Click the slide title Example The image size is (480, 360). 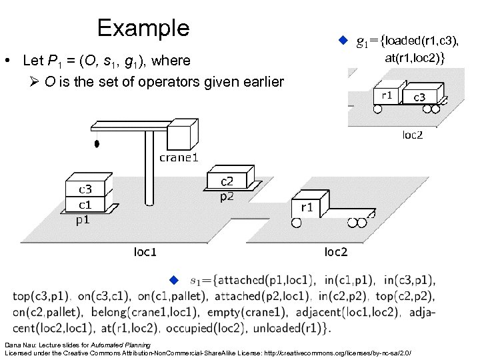tap(143, 28)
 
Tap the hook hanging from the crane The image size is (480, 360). tap(97, 143)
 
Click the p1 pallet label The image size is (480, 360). tap(85, 219)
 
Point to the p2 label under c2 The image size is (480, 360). tap(227, 196)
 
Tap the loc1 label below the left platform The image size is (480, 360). tap(145, 251)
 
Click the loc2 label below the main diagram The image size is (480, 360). tap(335, 251)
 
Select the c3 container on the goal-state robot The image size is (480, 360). tap(420, 98)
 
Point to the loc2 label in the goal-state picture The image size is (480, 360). tap(412, 135)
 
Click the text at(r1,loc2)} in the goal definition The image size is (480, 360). tap(415, 59)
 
